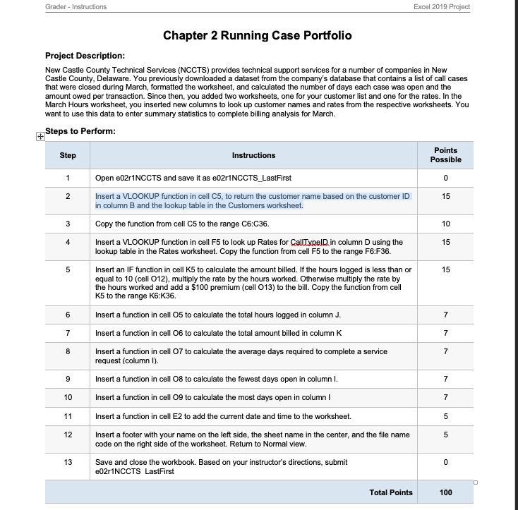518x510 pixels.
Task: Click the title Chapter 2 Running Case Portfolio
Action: click(x=257, y=35)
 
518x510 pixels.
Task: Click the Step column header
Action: click(x=68, y=155)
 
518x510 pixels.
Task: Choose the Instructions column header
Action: click(x=253, y=155)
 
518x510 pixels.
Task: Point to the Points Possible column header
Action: click(x=445, y=155)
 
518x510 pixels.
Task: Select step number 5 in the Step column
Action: click(x=68, y=269)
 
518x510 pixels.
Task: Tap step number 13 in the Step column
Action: click(x=68, y=461)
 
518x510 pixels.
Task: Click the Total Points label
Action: click(x=391, y=492)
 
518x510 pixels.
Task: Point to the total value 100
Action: click(x=445, y=492)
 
